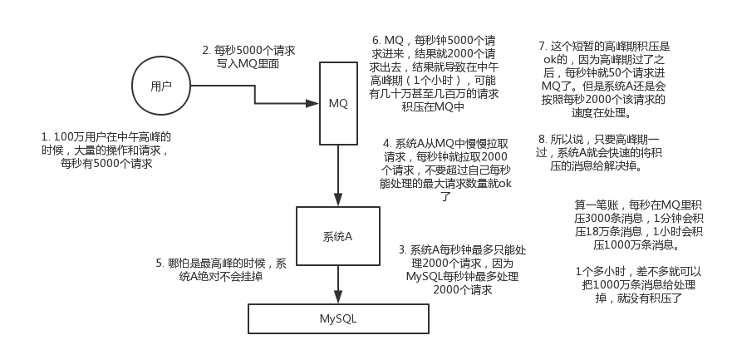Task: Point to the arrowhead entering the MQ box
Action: pos(312,103)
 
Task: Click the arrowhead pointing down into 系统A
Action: pos(338,200)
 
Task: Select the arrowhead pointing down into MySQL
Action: pos(338,297)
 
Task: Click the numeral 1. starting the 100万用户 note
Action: pos(46,137)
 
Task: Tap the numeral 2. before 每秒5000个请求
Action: pos(207,51)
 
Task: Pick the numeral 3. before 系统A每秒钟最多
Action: pos(403,250)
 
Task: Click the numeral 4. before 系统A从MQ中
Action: pos(387,143)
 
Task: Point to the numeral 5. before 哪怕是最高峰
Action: pos(160,264)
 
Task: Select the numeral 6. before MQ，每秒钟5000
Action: pos(376,41)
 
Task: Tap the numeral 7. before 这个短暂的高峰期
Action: pos(543,47)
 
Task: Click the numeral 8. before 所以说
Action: pos(543,139)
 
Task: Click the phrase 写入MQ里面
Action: pos(248,64)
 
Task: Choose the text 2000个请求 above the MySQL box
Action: pos(463,290)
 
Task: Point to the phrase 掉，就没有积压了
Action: pos(639,298)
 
